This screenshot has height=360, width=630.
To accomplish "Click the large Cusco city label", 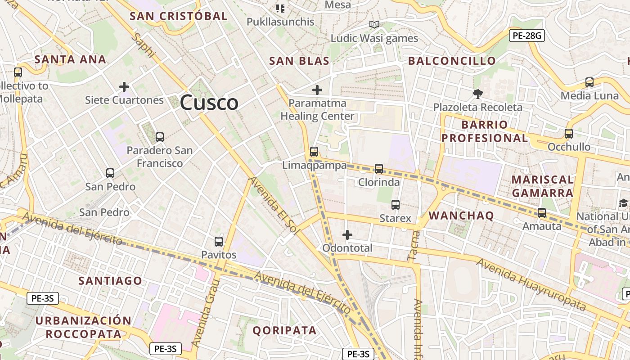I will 209,103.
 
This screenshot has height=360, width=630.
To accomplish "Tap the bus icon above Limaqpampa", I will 314,152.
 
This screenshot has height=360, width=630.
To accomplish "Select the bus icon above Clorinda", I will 379,169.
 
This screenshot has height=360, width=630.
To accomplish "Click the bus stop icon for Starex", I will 396,205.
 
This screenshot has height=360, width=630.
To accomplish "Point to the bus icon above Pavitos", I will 219,242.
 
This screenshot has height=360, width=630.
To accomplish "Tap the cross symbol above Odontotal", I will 347,235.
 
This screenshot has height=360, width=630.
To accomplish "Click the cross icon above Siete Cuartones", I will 124,87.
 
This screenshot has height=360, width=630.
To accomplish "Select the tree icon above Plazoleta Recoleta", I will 477,94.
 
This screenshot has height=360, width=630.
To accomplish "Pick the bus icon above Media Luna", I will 589,82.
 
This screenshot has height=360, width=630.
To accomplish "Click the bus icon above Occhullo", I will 569,134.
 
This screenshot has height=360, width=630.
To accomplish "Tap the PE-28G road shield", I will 526,36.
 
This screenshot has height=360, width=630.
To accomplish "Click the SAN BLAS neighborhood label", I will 299,61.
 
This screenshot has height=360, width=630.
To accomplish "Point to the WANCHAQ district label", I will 461,216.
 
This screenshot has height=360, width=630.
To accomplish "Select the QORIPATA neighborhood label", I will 284,331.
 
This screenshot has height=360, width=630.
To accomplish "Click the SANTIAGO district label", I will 110,281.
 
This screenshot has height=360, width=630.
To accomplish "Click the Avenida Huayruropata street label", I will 531,285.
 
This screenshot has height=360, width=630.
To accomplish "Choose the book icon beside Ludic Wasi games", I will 374,25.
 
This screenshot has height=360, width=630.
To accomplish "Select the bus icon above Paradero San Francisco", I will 159,137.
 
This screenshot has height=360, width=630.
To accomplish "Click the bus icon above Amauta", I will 542,213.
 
